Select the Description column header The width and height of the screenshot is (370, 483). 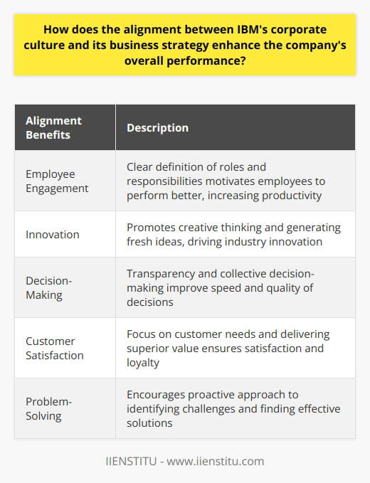pos(157,128)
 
